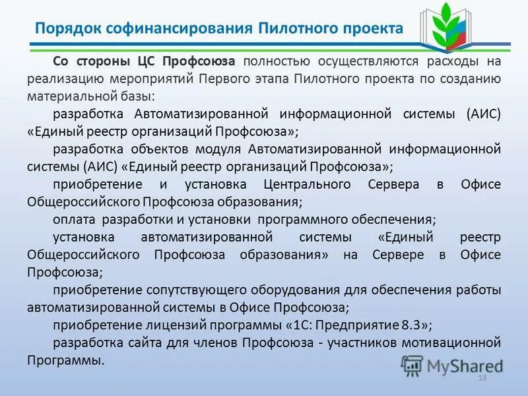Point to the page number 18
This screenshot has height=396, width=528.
click(x=481, y=377)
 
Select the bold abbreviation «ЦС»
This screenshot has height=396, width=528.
click(x=147, y=61)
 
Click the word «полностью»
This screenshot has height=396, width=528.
click(x=276, y=61)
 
